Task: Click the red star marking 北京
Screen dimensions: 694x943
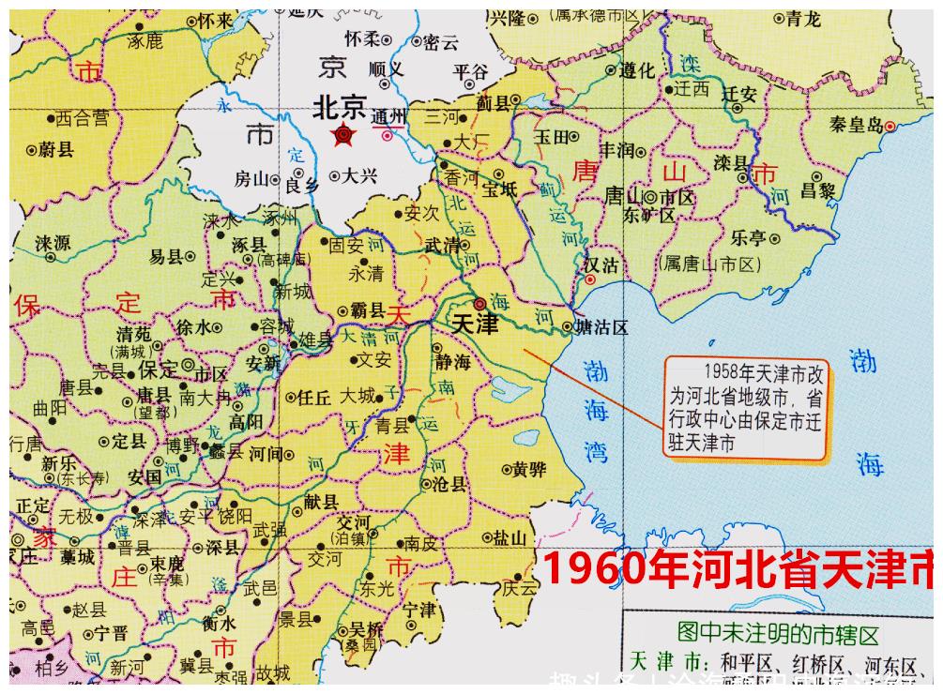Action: (x=343, y=137)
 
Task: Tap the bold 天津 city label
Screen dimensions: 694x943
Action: (x=476, y=324)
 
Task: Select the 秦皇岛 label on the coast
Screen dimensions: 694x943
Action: (x=857, y=124)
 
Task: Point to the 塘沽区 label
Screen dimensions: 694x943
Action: (x=601, y=327)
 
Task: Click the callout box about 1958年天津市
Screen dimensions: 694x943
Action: (x=746, y=407)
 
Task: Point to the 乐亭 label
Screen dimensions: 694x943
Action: (x=748, y=237)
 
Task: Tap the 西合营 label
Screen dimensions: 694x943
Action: (x=82, y=118)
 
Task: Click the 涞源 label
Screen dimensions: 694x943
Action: (x=53, y=243)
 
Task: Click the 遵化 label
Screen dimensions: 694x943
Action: (x=635, y=70)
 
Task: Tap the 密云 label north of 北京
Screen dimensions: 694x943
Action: (x=440, y=41)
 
